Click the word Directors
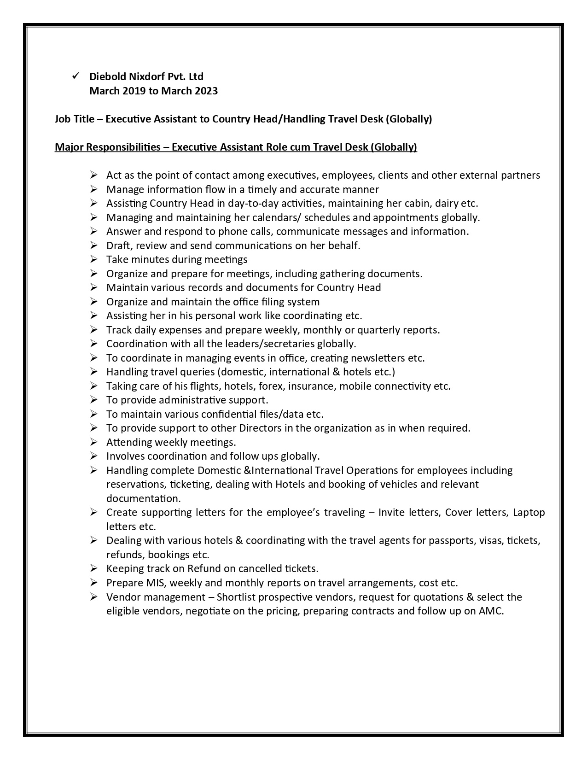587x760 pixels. point(260,428)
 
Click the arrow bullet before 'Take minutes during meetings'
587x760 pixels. point(94,259)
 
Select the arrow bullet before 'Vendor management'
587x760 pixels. point(94,597)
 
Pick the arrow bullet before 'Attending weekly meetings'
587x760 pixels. point(94,442)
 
